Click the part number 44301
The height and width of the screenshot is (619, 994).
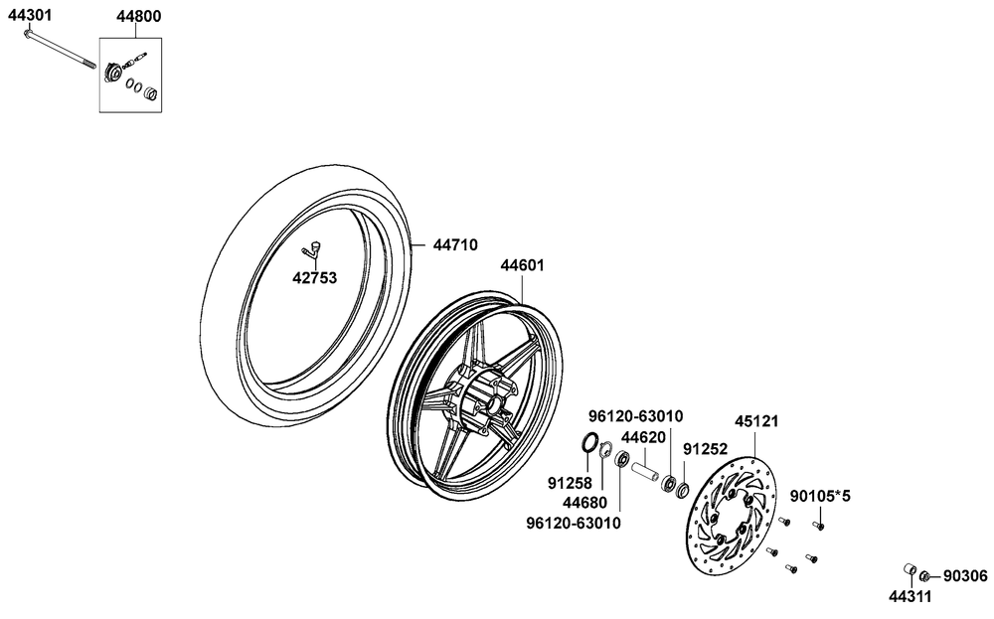click(x=29, y=15)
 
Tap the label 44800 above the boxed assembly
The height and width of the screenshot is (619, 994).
click(x=138, y=17)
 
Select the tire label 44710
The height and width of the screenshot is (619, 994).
click(x=455, y=244)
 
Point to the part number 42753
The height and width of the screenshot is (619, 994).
click(x=314, y=277)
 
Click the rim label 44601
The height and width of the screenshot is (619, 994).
click(x=523, y=265)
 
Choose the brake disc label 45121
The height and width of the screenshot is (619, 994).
click(x=756, y=420)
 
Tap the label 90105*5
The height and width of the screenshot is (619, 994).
click(x=820, y=496)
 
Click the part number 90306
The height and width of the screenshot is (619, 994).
click(x=965, y=576)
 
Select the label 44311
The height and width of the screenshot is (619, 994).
click(x=911, y=596)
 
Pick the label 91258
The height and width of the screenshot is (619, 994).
click(x=570, y=484)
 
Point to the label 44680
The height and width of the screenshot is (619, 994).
click(x=585, y=503)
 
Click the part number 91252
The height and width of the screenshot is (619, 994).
click(x=705, y=448)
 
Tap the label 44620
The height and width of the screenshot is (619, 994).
click(x=643, y=437)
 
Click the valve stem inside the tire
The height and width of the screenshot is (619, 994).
click(x=312, y=249)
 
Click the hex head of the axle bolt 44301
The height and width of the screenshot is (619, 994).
click(x=27, y=33)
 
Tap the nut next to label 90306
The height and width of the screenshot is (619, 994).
click(x=924, y=576)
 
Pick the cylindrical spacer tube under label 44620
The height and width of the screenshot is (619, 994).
click(x=646, y=474)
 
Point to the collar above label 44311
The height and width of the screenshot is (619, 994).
click(x=911, y=568)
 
